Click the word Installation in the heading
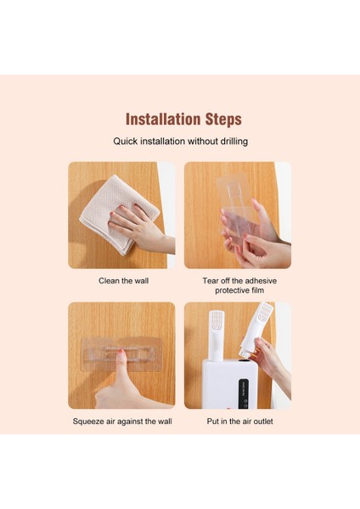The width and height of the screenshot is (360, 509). [163, 119]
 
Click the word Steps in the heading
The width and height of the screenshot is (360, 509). [223, 120]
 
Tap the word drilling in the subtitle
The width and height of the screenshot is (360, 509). [234, 142]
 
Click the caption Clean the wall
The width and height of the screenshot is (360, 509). [123, 281]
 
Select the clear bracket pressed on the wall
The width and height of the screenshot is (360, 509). [121, 354]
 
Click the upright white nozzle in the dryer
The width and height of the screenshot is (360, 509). [216, 335]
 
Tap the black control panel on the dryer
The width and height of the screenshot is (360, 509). [243, 394]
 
